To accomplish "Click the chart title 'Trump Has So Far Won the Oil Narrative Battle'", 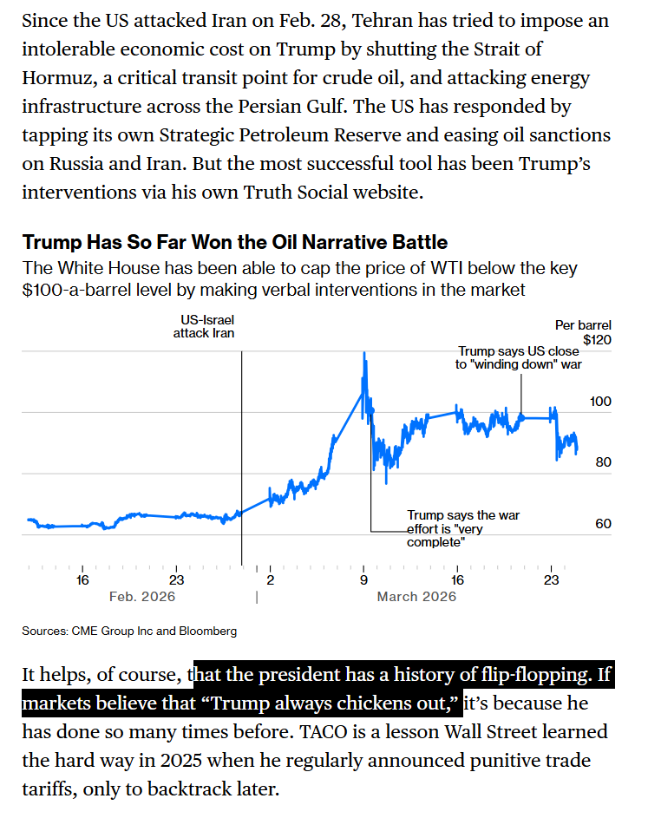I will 234,242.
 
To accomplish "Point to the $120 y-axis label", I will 597,340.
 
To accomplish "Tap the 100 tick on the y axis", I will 601,402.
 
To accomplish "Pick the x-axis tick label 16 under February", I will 82,580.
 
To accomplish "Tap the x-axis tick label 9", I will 363,580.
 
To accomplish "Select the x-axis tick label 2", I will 270,580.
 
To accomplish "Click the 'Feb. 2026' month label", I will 141,597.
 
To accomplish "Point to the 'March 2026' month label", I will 416,597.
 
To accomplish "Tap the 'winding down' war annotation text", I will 519,358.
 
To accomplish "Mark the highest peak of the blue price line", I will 364,353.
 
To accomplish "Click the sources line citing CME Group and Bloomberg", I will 129,631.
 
